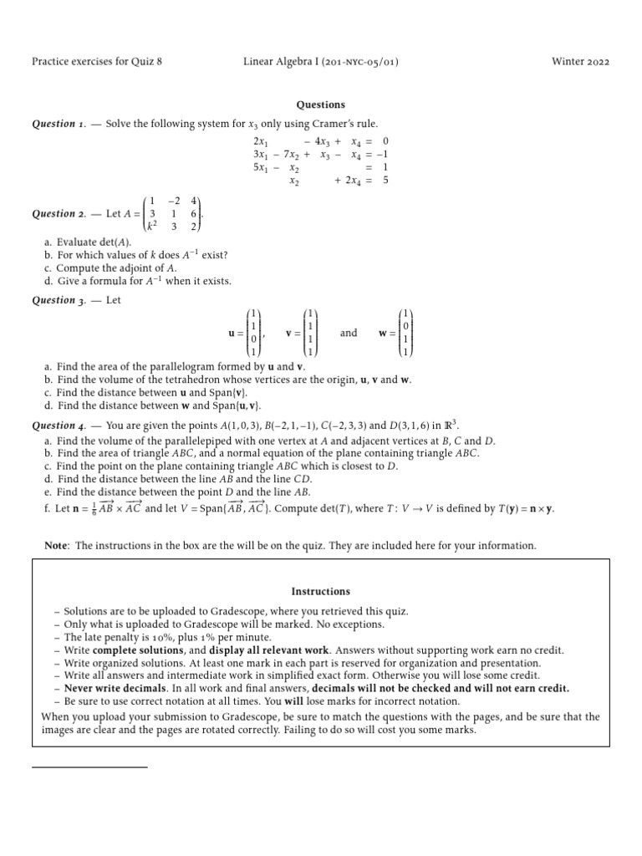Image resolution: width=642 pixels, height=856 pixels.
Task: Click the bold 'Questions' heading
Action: tap(321, 104)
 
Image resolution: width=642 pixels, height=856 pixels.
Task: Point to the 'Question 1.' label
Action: tap(59, 124)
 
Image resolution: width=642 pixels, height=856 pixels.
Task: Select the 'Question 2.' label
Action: tap(59, 213)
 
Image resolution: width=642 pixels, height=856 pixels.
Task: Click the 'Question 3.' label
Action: tap(59, 300)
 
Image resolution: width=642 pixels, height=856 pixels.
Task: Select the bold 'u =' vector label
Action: tap(235, 334)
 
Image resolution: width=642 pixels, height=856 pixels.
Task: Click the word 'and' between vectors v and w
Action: tap(349, 333)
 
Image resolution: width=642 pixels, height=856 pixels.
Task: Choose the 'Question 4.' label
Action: tap(59, 425)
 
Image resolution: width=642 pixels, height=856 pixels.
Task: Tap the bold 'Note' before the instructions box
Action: tap(56, 545)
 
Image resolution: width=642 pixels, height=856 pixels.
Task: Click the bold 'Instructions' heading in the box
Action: tap(321, 591)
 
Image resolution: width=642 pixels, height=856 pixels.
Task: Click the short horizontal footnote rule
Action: tap(89, 766)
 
